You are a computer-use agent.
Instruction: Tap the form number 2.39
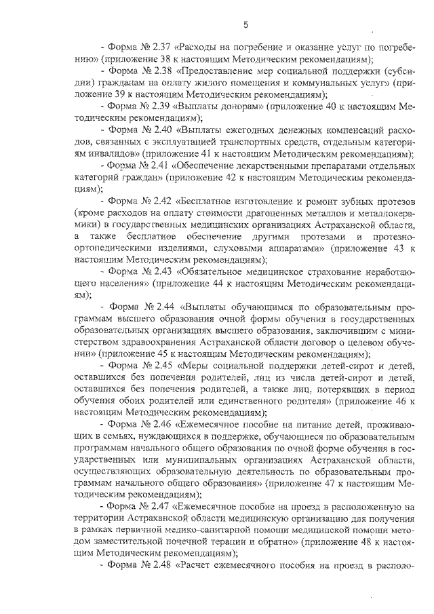161,107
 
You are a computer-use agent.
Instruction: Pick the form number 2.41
159,165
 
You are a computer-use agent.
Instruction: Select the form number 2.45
161,366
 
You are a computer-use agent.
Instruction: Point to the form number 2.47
159,507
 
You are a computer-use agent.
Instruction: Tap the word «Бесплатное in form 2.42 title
208,202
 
